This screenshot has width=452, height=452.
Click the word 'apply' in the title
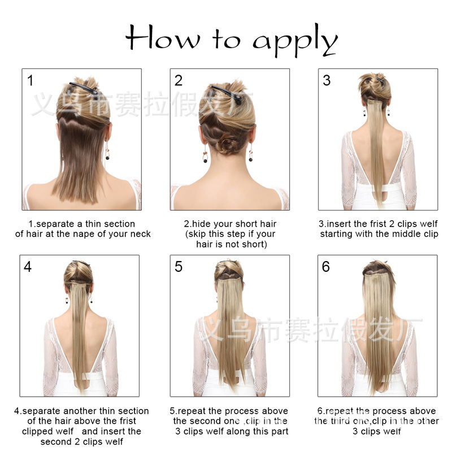pyautogui.click(x=295, y=41)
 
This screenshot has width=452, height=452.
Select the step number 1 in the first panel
pyautogui.click(x=30, y=80)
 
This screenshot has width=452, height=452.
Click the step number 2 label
pyautogui.click(x=179, y=80)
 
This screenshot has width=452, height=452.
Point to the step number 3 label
pyautogui.click(x=327, y=80)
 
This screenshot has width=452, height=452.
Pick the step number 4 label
pyautogui.click(x=28, y=266)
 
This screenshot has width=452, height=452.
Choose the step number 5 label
pyautogui.click(x=179, y=266)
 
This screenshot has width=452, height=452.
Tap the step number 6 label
pyautogui.click(x=326, y=266)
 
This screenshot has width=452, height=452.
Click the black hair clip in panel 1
pyautogui.click(x=82, y=88)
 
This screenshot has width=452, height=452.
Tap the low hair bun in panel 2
pyautogui.click(x=230, y=145)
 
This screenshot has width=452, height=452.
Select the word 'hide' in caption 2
pyautogui.click(x=202, y=224)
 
